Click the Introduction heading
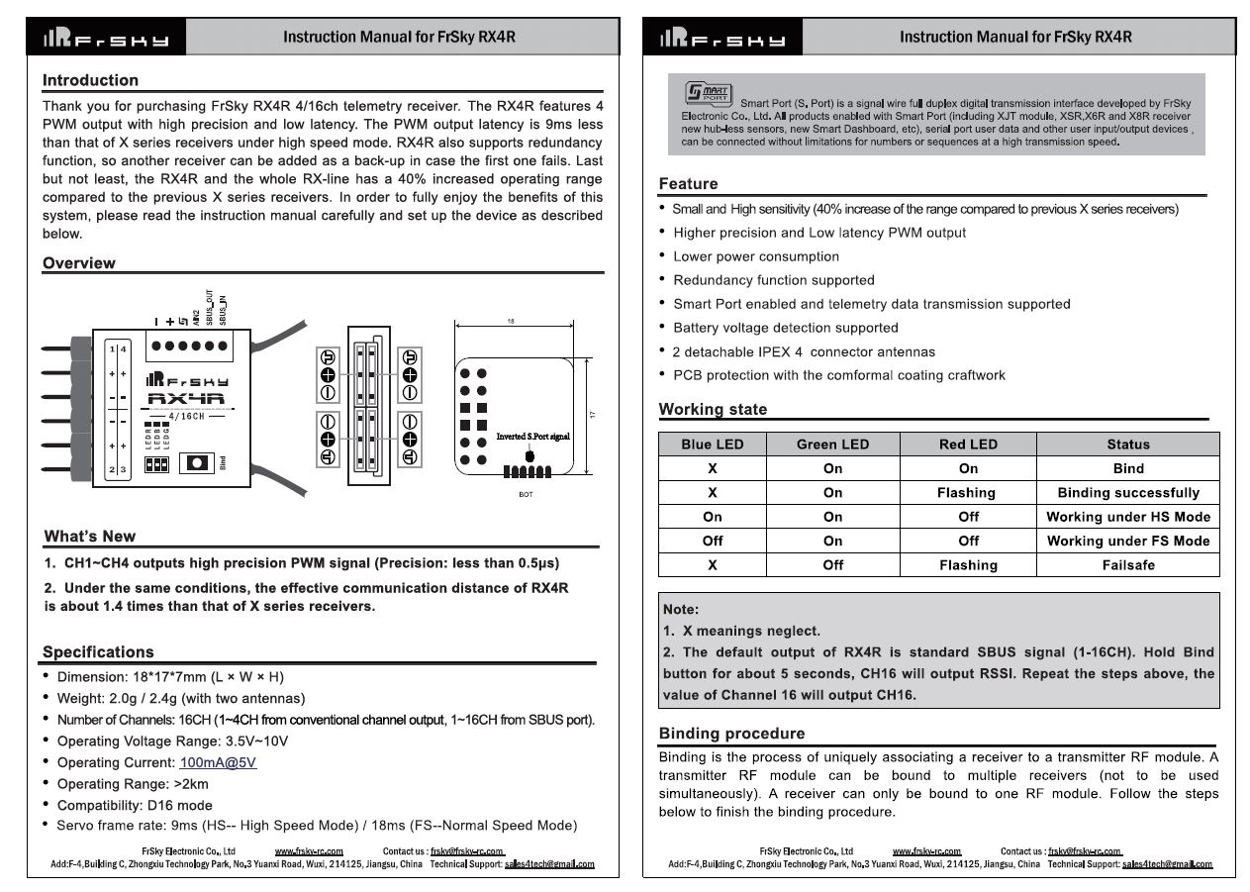(90, 80)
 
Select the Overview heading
(78, 263)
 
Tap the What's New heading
(90, 537)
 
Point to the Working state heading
(713, 410)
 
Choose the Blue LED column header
(712, 445)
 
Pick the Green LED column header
(832, 445)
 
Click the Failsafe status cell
(1127, 565)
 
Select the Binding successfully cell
(1127, 493)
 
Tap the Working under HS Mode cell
(1127, 517)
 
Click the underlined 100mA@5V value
(218, 762)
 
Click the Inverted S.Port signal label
(532, 437)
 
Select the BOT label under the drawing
(526, 494)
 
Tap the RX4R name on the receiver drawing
(186, 399)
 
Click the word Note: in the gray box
(681, 610)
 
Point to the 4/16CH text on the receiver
(186, 417)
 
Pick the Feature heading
(688, 184)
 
